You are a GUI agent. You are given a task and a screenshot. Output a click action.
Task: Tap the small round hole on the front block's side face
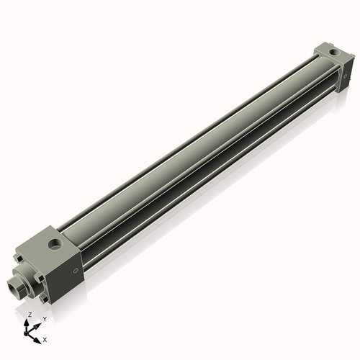pos(76,271)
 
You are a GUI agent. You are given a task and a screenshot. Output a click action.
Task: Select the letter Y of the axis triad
pos(44,318)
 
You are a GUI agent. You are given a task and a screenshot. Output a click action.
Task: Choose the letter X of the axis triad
pos(45,338)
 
